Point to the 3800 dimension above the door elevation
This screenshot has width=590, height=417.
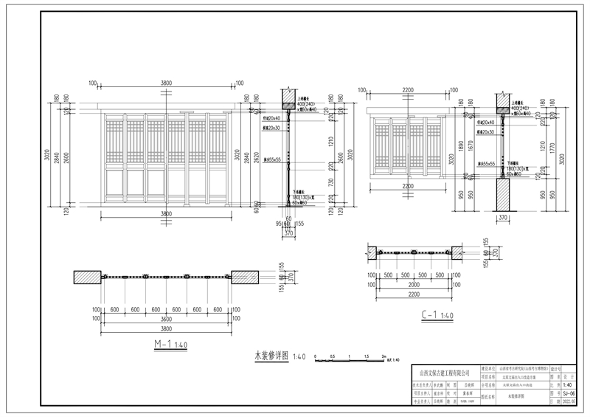pyautogui.click(x=166, y=83)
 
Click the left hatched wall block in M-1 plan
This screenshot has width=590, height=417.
pyautogui.click(x=87, y=277)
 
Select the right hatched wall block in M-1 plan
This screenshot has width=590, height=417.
pyautogui.click(x=245, y=277)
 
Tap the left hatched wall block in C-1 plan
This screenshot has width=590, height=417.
pyautogui.click(x=370, y=253)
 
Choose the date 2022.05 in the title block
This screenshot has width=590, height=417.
pyautogui.click(x=568, y=404)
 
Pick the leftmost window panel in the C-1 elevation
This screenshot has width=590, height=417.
pyautogui.click(x=383, y=147)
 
